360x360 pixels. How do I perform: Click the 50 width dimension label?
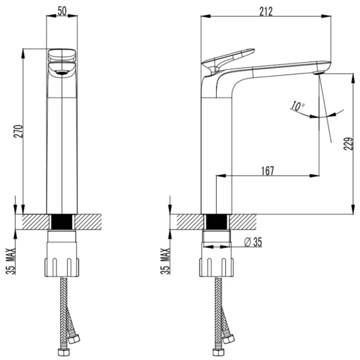pos(62,11)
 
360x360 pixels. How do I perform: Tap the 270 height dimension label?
pos(18,131)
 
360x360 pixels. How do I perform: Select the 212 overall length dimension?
pos(266,11)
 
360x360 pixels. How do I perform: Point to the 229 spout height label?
pos(348,143)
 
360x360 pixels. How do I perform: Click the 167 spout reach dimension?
pos(267,170)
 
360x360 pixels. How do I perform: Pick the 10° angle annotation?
pos(298,106)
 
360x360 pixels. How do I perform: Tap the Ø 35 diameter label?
pos(253,242)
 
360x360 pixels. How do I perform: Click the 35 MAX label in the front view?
pos(11,261)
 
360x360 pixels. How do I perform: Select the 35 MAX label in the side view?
pos(165,261)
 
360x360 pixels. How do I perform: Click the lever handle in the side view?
pos(228,59)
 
